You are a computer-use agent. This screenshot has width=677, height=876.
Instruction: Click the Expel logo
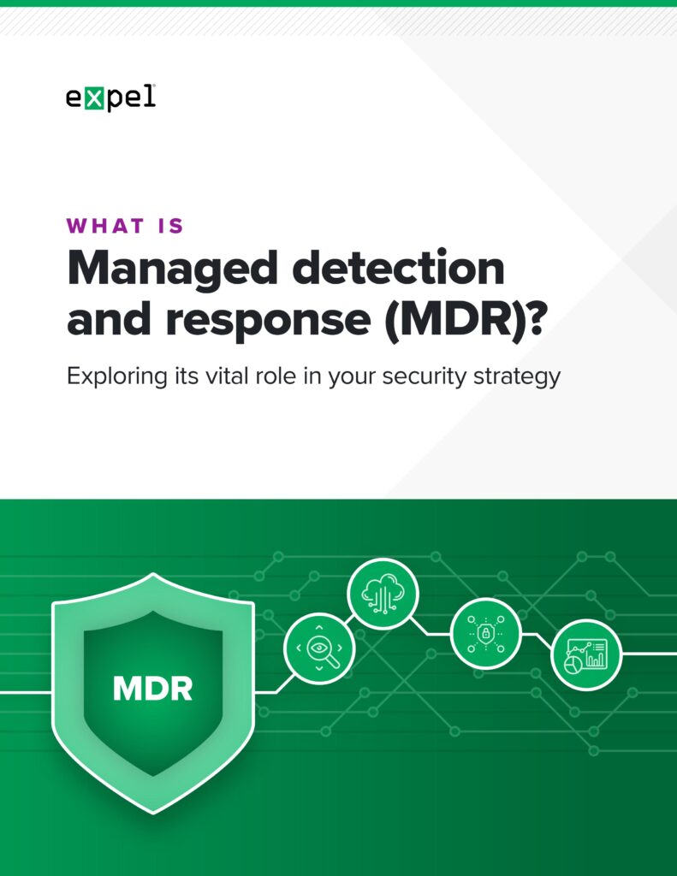pyautogui.click(x=110, y=99)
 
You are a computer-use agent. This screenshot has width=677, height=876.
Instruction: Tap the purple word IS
pyautogui.click(x=168, y=227)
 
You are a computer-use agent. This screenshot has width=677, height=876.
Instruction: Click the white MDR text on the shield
pyautogui.click(x=152, y=688)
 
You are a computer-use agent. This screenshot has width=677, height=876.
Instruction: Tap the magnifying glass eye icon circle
pyautogui.click(x=318, y=648)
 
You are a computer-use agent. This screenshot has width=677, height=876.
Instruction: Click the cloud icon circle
pyautogui.click(x=383, y=594)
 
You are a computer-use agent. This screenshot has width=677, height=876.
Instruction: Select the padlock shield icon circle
pyautogui.click(x=485, y=633)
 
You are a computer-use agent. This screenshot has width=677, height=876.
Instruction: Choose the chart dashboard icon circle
pyautogui.click(x=586, y=654)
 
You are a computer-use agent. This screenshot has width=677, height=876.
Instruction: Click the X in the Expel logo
pyautogui.click(x=95, y=98)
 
